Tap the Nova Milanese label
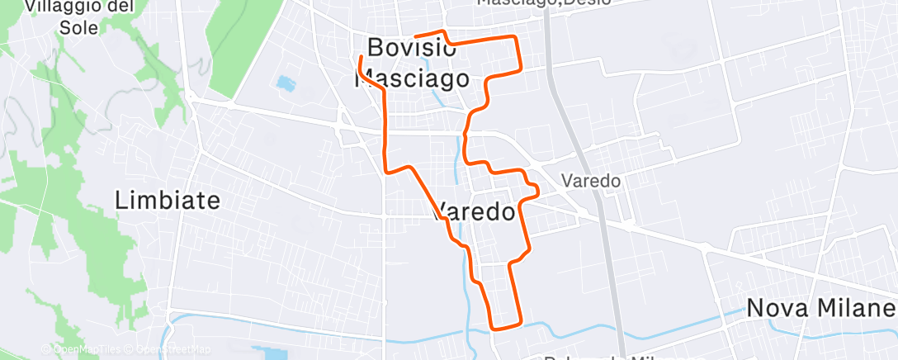pos(820,308)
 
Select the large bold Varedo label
pos(474,212)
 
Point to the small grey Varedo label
pos(590,180)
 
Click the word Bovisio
pos(411,47)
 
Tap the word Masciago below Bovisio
pos(412,78)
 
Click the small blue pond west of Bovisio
pos(286,83)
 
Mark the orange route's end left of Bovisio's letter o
pos(414,36)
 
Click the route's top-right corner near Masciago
pos(517,37)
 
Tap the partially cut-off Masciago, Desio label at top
pos(545,3)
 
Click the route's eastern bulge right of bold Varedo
pos(537,192)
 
